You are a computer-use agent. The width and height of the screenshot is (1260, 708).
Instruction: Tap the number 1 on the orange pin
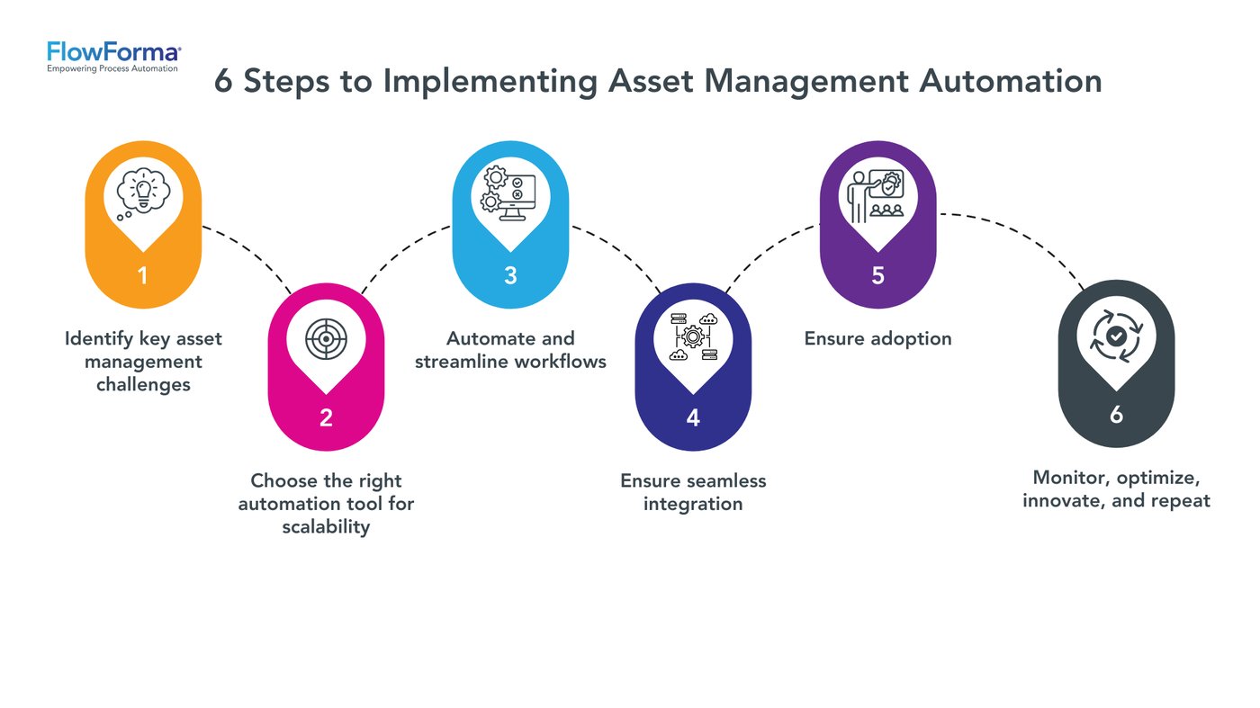143,275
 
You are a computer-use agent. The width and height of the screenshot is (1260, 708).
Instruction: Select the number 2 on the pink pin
326,417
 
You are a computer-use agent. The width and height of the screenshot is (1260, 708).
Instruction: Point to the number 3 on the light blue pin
510,275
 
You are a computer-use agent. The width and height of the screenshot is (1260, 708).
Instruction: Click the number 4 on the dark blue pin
693,417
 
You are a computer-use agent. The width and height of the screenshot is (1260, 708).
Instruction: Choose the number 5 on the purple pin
877,275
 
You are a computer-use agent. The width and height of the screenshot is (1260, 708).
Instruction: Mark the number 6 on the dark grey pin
1116,415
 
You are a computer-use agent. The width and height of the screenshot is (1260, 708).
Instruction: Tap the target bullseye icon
326,338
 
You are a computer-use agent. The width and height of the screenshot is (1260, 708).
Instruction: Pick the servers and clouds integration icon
693,338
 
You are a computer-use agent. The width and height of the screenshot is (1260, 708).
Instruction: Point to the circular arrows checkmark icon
1116,336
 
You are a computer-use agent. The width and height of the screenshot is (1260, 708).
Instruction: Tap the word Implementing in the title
490,81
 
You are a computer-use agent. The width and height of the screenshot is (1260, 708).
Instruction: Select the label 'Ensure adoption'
877,339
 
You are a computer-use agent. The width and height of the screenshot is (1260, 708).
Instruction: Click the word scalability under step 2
326,527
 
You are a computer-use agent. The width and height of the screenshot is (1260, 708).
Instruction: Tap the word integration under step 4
693,504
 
